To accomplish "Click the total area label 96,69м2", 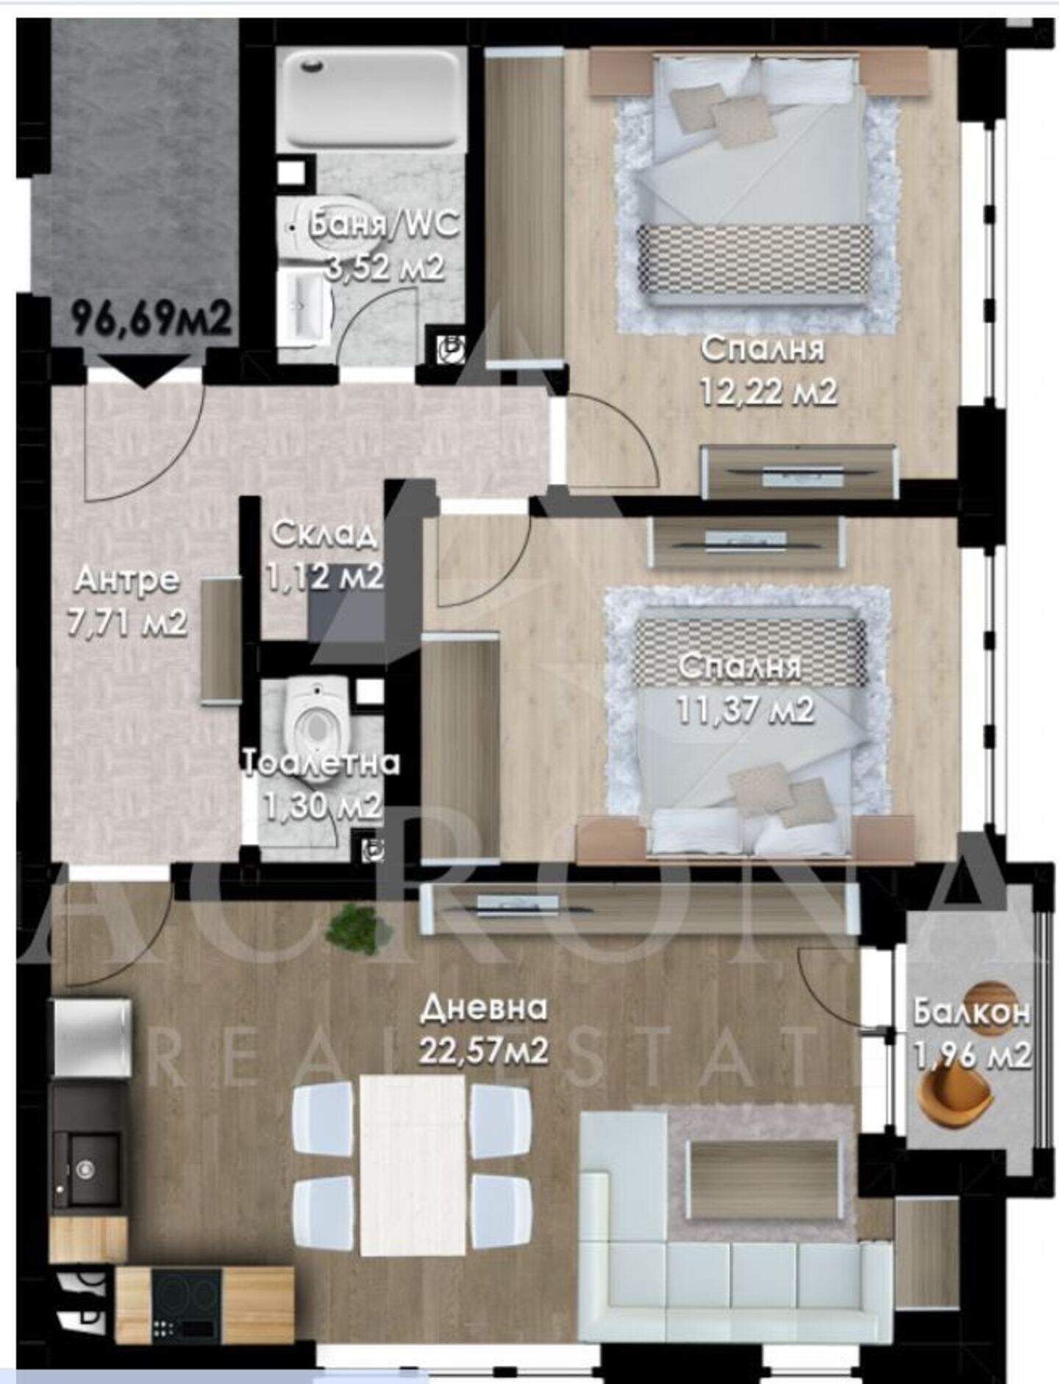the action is pyautogui.click(x=151, y=319).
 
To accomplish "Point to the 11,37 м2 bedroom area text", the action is pyautogui.click(x=745, y=710).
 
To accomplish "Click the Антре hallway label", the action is pyautogui.click(x=127, y=580).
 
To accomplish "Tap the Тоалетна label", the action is pyautogui.click(x=321, y=763).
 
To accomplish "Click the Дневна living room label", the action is pyautogui.click(x=483, y=1008).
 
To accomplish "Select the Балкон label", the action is pyautogui.click(x=971, y=1012).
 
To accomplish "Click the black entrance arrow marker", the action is pyautogui.click(x=144, y=370).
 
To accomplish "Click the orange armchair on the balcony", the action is pyautogui.click(x=954, y=1095).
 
